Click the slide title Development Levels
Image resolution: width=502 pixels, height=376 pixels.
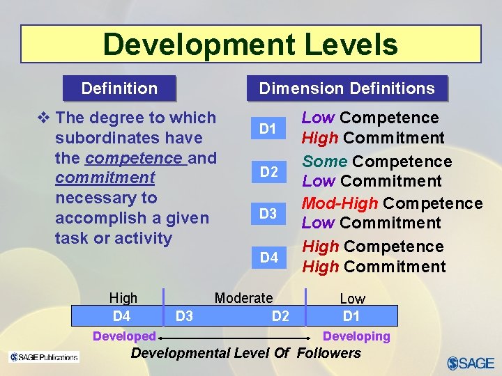(x=250, y=45)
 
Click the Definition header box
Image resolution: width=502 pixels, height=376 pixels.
(x=119, y=88)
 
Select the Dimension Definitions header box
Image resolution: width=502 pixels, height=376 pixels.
(x=347, y=88)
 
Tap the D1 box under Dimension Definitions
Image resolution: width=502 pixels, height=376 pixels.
(x=268, y=129)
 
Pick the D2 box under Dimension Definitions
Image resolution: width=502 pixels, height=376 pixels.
(x=268, y=172)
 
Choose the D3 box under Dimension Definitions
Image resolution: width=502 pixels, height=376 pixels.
(x=268, y=214)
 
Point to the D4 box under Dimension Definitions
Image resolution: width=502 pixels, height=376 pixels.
(x=268, y=258)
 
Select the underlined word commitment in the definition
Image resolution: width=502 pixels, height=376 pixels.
(x=105, y=178)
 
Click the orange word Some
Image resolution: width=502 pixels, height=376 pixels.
(x=324, y=162)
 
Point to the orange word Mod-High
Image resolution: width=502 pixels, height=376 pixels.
(x=340, y=203)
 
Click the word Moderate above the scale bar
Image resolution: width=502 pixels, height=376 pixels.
(x=243, y=298)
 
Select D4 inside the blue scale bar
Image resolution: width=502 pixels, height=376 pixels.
(x=121, y=316)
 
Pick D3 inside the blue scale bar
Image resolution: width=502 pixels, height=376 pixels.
(x=184, y=316)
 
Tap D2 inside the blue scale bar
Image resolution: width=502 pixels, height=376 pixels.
(x=280, y=316)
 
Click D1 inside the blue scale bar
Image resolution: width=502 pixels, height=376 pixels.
(x=351, y=316)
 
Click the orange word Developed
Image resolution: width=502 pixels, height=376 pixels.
(x=124, y=336)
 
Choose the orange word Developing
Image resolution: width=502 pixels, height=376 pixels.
(x=356, y=336)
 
